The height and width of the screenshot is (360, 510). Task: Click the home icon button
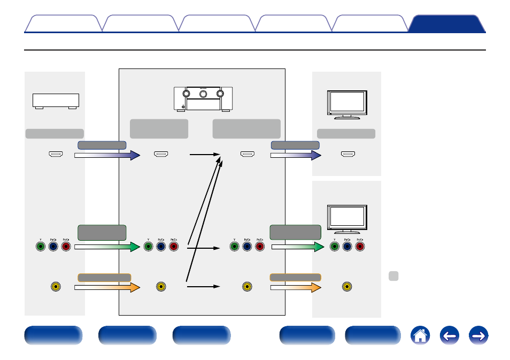click(x=420, y=336)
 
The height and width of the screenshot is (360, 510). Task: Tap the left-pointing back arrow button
click(x=450, y=336)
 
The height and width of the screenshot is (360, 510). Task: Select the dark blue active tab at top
click(x=446, y=24)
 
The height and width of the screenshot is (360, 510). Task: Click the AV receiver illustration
click(x=203, y=99)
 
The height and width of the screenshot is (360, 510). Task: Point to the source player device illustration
click(x=56, y=101)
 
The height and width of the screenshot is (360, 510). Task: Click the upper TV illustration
click(x=346, y=104)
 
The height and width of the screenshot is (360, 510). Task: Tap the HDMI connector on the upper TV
click(x=348, y=155)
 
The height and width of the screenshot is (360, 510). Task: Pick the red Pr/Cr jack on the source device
click(x=66, y=247)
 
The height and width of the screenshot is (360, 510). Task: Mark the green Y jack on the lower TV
click(x=335, y=247)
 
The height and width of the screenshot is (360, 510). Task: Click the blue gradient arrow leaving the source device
click(x=106, y=155)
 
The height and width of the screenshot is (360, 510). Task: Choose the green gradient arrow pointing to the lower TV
click(x=297, y=247)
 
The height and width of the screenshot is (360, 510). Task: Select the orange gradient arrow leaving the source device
click(x=106, y=287)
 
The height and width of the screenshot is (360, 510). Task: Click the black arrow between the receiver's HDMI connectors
click(x=205, y=155)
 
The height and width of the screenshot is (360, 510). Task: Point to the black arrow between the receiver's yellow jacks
click(x=203, y=286)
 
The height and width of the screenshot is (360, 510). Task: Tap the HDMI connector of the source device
click(x=56, y=155)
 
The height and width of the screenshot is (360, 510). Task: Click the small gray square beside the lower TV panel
click(x=393, y=276)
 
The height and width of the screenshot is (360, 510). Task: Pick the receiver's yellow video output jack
click(x=246, y=286)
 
